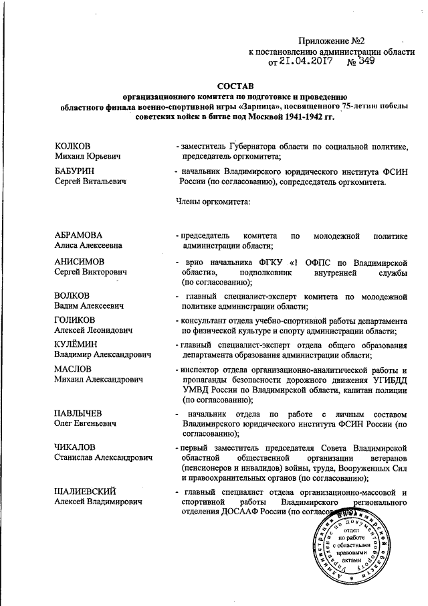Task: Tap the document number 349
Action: tap(366, 61)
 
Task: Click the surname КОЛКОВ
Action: tap(73, 146)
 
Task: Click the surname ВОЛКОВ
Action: tap(73, 296)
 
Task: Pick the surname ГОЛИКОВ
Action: tap(77, 320)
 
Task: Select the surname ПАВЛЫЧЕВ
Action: tap(79, 411)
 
